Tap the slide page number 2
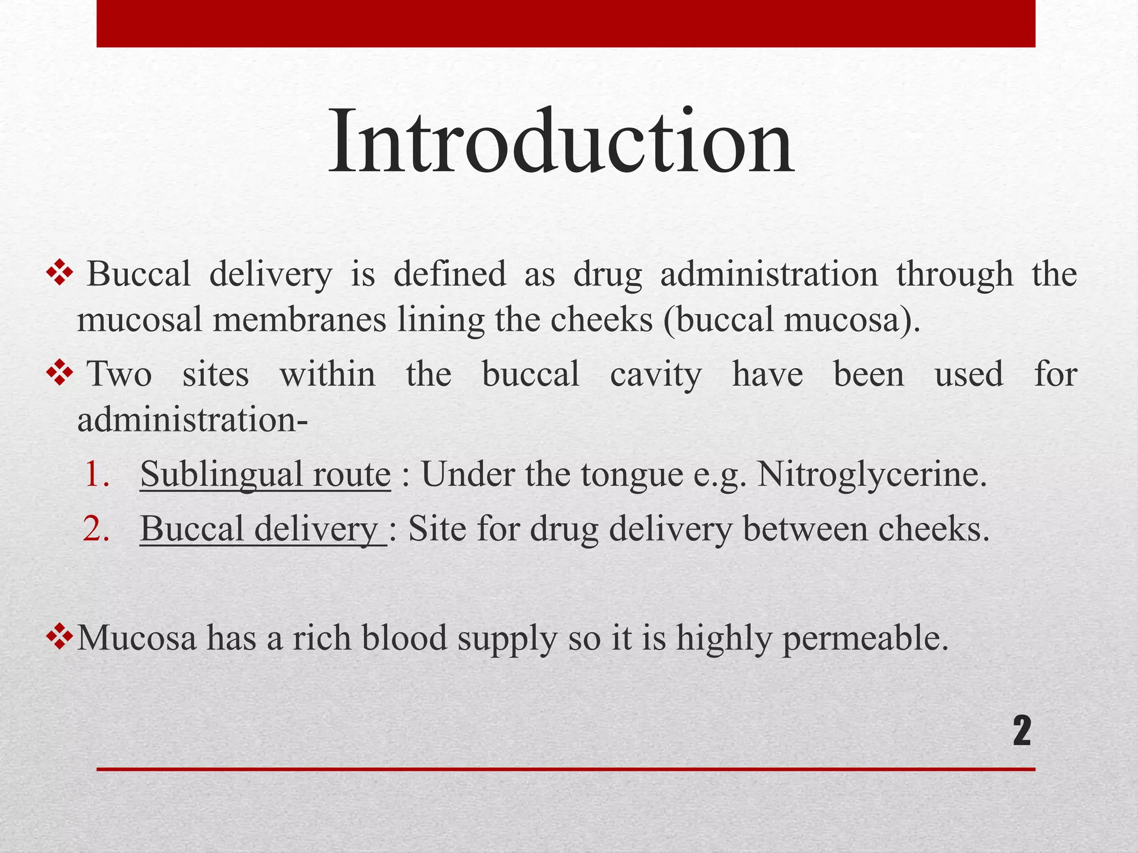(1021, 732)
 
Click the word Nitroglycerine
(871, 475)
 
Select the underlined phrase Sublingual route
(265, 475)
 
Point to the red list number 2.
(96, 529)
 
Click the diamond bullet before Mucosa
(59, 636)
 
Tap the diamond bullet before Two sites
(59, 373)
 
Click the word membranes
(299, 320)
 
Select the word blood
(405, 638)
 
